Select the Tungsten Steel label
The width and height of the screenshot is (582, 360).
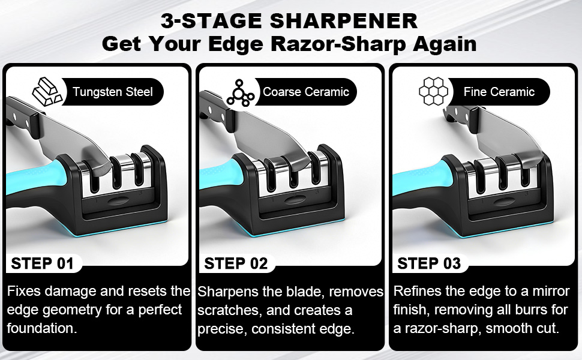pyautogui.click(x=113, y=92)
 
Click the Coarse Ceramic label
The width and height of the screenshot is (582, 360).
pyautogui.click(x=306, y=92)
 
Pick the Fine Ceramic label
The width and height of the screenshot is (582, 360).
pyautogui.click(x=499, y=92)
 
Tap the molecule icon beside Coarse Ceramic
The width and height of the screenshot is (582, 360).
pyautogui.click(x=241, y=92)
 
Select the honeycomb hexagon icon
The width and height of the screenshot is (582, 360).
pyautogui.click(x=433, y=92)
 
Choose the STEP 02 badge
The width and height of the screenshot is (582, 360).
pyautogui.click(x=236, y=263)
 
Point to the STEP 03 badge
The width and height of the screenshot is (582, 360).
pyautogui.click(x=429, y=263)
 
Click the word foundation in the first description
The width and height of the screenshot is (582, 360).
pyautogui.click(x=43, y=329)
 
